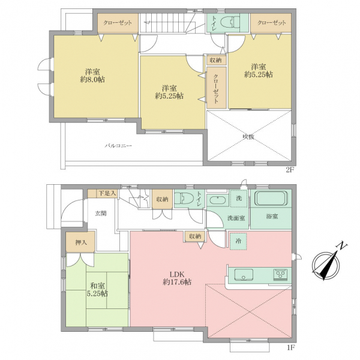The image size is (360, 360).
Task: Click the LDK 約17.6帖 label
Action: pyautogui.click(x=177, y=278)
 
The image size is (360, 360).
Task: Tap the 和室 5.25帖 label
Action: pyautogui.click(x=97, y=290)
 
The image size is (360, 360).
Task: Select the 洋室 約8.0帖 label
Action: pyautogui.click(x=92, y=76)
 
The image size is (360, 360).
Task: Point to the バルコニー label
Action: pyautogui.click(x=118, y=146)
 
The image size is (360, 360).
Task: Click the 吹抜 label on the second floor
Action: pyautogui.click(x=248, y=137)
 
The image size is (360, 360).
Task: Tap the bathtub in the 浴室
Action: pyautogui.click(x=271, y=199)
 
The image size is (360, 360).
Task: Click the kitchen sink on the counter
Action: pyautogui.click(x=244, y=275)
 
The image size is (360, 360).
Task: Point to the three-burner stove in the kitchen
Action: pyautogui.click(x=280, y=275)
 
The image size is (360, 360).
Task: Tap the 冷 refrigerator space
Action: pyautogui.click(x=238, y=241)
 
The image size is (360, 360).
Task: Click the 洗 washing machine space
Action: pyautogui.click(x=239, y=199)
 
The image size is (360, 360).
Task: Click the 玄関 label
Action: pyautogui.click(x=101, y=213)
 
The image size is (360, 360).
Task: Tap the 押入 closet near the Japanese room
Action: pyautogui.click(x=80, y=242)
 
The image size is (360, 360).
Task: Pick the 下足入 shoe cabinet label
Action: pyautogui.click(x=107, y=193)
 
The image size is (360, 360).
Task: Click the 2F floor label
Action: pyautogui.click(x=290, y=170)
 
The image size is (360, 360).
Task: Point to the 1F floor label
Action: pyautogui.click(x=290, y=347)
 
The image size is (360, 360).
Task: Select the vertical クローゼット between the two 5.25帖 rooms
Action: pyautogui.click(x=216, y=88)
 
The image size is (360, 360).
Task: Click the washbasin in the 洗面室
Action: pyautogui.click(x=217, y=200)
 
